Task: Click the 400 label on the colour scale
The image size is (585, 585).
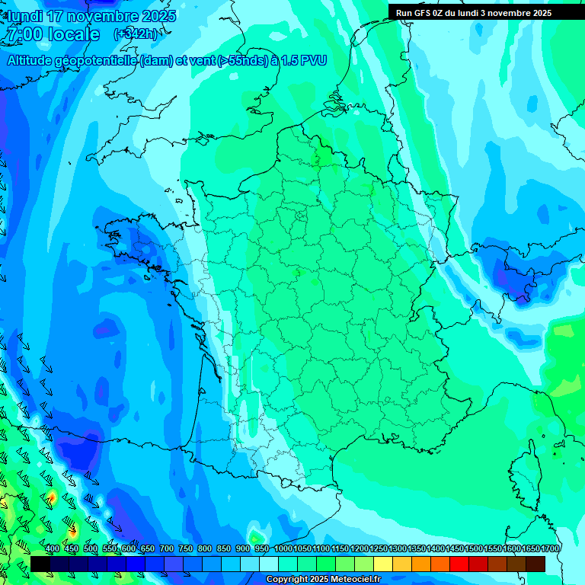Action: [53, 549]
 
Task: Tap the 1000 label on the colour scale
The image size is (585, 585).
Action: [283, 549]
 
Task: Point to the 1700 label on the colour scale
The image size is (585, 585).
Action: [551, 549]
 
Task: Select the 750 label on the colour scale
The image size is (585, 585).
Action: [186, 549]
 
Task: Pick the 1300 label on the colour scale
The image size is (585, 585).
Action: [398, 549]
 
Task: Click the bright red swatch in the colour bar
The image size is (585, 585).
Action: [459, 564]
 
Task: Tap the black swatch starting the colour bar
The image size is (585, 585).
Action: [40, 564]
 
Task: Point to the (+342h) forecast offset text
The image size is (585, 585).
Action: [135, 34]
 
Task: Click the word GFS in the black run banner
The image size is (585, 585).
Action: [422, 13]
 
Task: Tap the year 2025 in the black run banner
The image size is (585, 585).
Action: [539, 13]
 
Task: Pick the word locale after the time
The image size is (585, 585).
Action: [72, 34]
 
